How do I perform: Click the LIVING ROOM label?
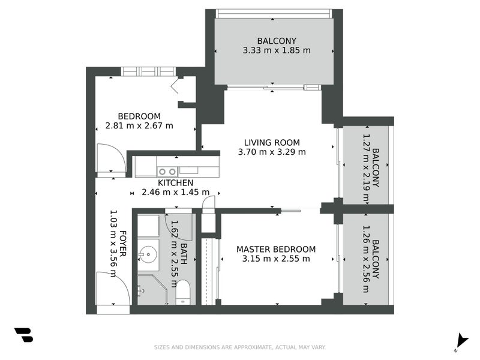click(x=272, y=142)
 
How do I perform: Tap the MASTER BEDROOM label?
click(x=276, y=249)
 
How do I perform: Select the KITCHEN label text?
click(x=175, y=183)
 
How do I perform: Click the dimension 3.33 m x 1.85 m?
click(x=277, y=51)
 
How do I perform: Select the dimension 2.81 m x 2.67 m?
click(x=139, y=126)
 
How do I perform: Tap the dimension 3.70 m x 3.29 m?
click(x=272, y=152)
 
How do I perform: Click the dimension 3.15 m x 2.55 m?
click(x=276, y=259)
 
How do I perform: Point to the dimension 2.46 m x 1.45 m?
click(x=175, y=193)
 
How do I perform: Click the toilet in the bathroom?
click(x=184, y=292)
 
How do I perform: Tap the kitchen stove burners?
click(x=167, y=172)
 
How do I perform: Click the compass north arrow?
click(x=461, y=340)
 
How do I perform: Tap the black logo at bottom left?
click(x=23, y=335)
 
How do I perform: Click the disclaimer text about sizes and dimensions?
click(x=240, y=347)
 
